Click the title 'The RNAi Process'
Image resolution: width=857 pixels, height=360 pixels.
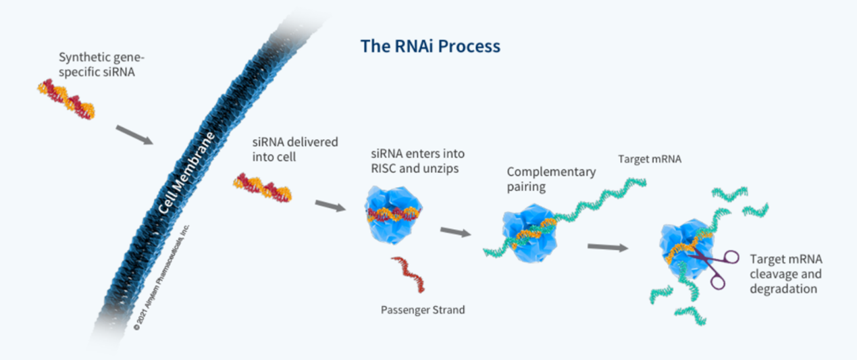[430, 47]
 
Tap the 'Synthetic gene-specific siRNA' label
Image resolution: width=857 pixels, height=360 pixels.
[101, 65]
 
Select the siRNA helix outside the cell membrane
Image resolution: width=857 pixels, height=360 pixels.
[66, 99]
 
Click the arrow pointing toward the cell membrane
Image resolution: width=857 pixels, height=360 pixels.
[134, 135]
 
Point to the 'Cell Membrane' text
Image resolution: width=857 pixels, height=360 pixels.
[186, 173]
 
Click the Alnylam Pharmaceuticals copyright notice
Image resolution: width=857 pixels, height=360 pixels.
[161, 278]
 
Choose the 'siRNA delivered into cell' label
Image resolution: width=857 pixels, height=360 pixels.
[295, 149]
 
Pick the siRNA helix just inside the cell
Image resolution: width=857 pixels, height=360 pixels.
[263, 188]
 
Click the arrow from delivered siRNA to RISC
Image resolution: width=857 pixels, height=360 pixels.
[330, 206]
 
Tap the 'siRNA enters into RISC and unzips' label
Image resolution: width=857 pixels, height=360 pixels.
[418, 161]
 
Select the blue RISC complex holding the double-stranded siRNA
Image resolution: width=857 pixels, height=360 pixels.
[393, 215]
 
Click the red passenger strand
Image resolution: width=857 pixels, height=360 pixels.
[409, 274]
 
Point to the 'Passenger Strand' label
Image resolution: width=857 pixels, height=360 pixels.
[423, 309]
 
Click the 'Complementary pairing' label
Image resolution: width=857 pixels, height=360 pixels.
[551, 179]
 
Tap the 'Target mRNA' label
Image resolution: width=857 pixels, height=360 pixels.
[650, 159]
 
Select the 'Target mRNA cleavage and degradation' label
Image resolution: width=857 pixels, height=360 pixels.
[786, 274]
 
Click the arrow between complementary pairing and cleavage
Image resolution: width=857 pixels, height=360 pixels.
[608, 247]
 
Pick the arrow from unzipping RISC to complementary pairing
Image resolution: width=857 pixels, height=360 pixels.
[456, 232]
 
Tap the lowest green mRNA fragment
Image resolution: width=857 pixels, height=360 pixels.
[690, 315]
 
